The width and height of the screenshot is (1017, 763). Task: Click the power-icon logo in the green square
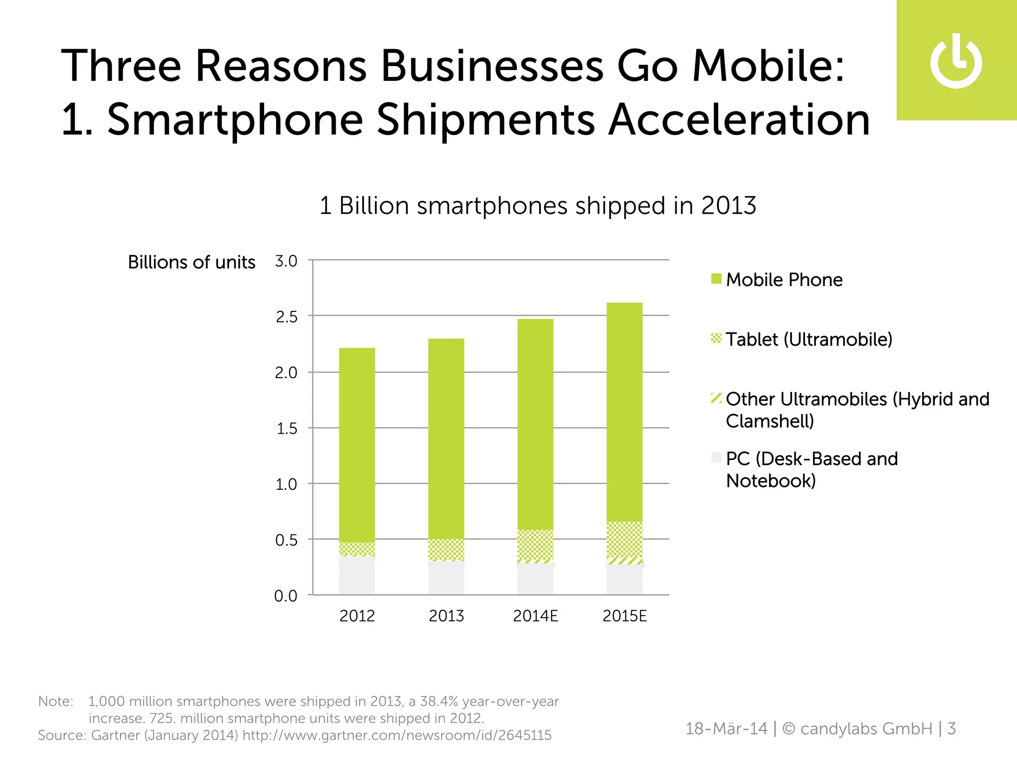tap(956, 62)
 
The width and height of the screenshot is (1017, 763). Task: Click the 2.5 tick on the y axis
tap(286, 316)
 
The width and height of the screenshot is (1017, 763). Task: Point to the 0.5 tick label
tap(286, 540)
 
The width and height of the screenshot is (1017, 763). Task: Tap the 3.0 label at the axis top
tap(286, 261)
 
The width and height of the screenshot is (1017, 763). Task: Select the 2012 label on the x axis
tap(357, 616)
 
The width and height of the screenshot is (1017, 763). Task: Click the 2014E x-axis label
tap(535, 616)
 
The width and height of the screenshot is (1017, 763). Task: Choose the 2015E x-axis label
tap(625, 616)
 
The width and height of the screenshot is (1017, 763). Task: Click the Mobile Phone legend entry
tap(784, 280)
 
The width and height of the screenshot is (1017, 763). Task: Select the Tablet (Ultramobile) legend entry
tap(808, 339)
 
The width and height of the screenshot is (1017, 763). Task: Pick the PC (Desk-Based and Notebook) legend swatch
tap(716, 458)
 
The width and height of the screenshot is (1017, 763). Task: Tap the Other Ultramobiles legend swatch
tap(716, 398)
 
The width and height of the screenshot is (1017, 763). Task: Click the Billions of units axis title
tap(192, 262)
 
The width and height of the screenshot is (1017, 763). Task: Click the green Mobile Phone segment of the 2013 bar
tap(446, 437)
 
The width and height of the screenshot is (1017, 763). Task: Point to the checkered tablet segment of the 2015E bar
tap(625, 539)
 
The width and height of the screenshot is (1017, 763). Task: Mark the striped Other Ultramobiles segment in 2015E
tap(625, 561)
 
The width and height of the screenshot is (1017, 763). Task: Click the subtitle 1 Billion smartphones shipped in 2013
tap(537, 206)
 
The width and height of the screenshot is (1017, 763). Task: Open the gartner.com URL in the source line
tap(397, 735)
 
